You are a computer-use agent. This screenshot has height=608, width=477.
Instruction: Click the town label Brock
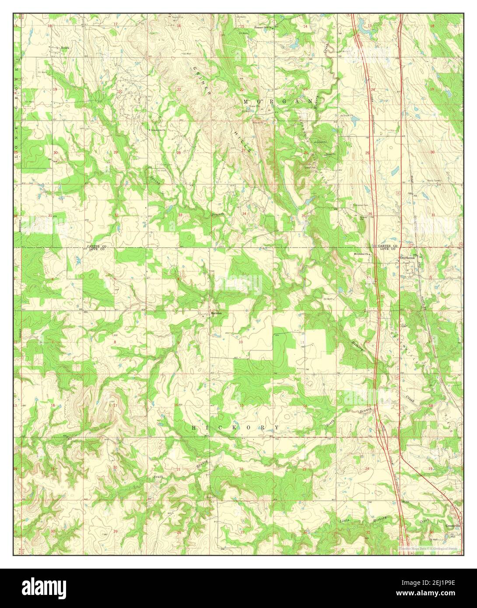[x=65, y=47]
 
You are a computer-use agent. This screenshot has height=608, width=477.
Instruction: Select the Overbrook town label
[x=407, y=258]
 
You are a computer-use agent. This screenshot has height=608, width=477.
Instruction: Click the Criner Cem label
[x=165, y=165]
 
